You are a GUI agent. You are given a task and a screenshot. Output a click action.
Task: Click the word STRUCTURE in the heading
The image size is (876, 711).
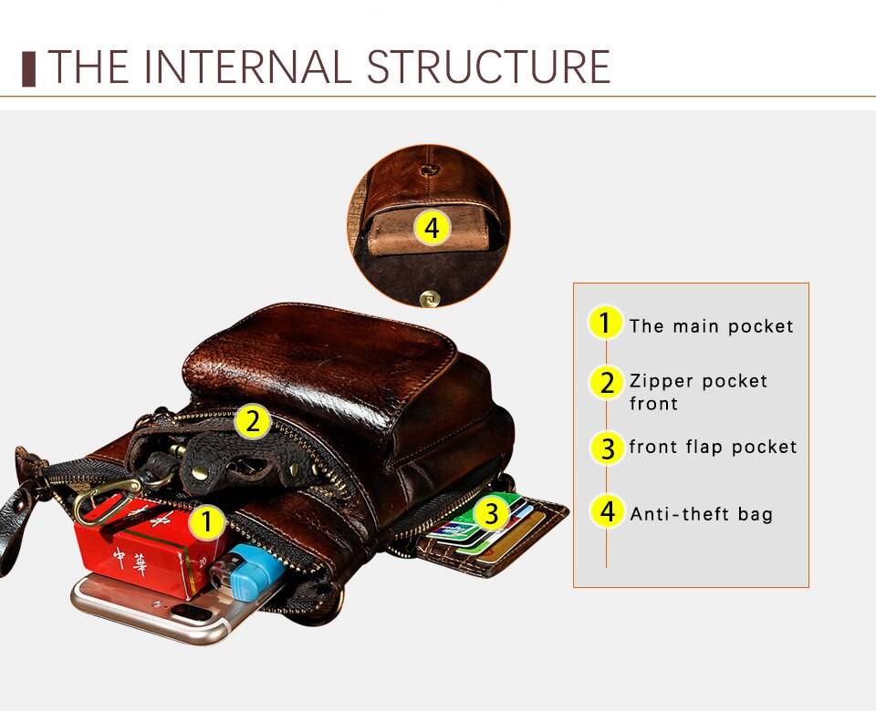pyautogui.click(x=488, y=67)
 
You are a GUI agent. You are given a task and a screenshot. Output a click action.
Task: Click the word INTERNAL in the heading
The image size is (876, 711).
pyautogui.click(x=249, y=67)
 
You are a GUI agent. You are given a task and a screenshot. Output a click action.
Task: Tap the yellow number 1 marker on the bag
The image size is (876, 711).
pyautogui.click(x=208, y=522)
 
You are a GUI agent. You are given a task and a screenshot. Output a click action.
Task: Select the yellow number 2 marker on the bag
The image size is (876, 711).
pyautogui.click(x=253, y=422)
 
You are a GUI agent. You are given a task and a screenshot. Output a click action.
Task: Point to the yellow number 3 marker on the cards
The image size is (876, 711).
pyautogui.click(x=491, y=514)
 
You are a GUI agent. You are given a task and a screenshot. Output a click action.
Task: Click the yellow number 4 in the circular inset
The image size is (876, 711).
pyautogui.click(x=433, y=228)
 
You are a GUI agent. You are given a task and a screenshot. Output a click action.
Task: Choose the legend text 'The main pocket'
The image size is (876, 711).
pyautogui.click(x=711, y=326)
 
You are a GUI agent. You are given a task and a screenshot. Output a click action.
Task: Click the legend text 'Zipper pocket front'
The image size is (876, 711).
pyautogui.click(x=698, y=391)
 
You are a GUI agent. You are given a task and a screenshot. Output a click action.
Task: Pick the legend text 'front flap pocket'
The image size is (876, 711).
pyautogui.click(x=713, y=447)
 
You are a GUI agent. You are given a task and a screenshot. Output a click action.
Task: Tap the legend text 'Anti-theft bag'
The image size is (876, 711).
pyautogui.click(x=701, y=514)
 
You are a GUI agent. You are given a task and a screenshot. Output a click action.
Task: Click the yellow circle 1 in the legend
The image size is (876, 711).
pyautogui.click(x=604, y=324)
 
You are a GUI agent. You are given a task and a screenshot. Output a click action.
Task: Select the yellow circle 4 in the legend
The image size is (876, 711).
pyautogui.click(x=607, y=511)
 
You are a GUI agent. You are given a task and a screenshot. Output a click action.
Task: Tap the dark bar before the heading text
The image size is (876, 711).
pyautogui.click(x=28, y=68)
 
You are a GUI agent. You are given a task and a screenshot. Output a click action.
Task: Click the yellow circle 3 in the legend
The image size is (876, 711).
pyautogui.click(x=607, y=448)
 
